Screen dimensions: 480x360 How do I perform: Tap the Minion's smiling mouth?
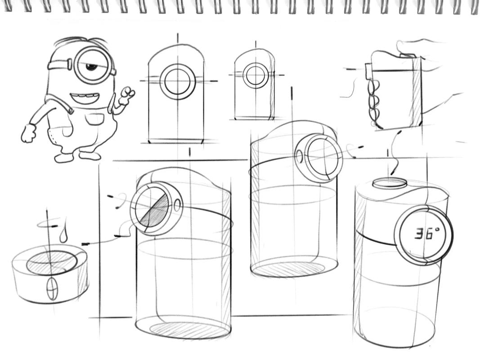[x=85, y=98]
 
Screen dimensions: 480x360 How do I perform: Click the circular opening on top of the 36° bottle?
[x=390, y=183]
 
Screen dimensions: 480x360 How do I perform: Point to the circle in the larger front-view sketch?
[x=178, y=82]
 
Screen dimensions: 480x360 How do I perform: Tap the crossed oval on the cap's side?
[x=52, y=288]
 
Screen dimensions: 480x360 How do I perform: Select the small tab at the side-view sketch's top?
[x=368, y=70]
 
